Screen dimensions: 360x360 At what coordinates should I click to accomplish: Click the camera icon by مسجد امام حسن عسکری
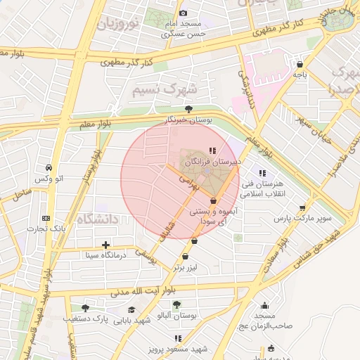184,13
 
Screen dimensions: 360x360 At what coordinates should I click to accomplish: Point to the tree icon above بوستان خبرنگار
188,109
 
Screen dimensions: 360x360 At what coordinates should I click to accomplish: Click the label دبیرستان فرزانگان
213,161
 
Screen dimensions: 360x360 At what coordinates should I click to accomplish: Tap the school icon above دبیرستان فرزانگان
213,150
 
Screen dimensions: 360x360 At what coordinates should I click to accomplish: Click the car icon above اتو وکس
49,168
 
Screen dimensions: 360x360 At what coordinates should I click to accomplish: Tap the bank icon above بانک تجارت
46,218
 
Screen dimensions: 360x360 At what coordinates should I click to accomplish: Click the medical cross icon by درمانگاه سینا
105,245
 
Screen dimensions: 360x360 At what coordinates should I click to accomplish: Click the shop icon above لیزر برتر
186,257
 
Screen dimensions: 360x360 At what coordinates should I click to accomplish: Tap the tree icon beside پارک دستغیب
86,308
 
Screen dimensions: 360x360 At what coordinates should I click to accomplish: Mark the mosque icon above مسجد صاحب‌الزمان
264,305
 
